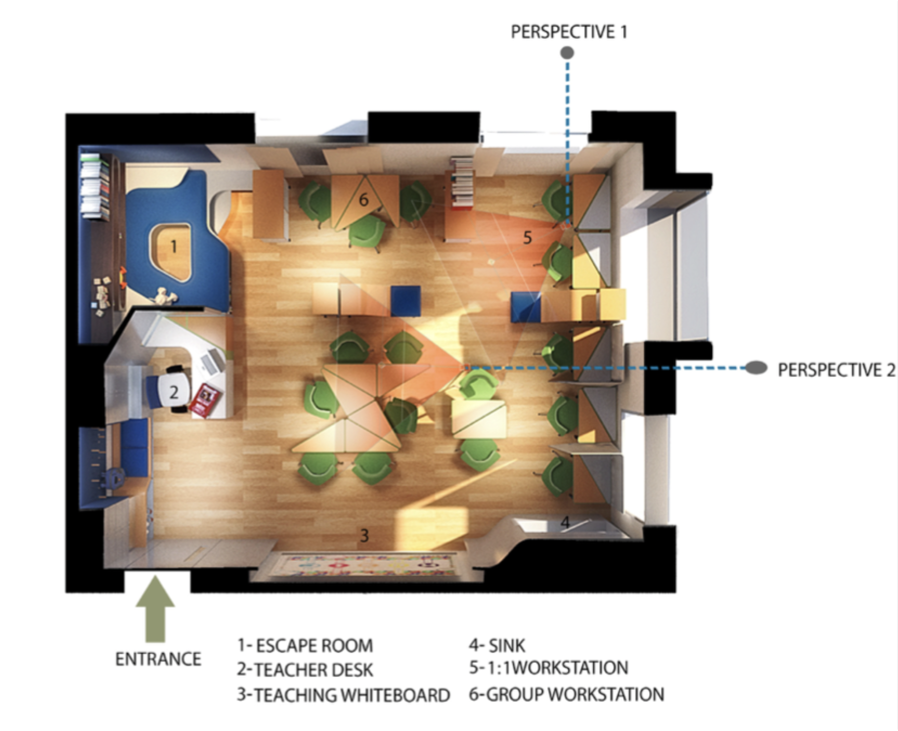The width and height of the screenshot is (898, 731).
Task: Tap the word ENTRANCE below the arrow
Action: pos(158,659)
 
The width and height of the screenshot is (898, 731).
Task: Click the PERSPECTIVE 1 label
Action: pos(569,32)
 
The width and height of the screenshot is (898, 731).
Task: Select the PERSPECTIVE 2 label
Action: pos(836,370)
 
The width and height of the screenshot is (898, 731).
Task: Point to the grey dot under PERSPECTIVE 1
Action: pos(567,53)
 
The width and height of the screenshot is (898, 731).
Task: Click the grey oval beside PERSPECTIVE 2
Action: pos(756,367)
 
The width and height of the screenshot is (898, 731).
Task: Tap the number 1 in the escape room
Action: pos(174,246)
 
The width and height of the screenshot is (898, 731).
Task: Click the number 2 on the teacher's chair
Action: pos(174,392)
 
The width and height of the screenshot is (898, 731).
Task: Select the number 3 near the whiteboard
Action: pos(364,535)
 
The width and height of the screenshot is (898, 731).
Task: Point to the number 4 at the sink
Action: pos(565,522)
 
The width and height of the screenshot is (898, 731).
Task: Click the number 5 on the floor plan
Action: pos(527,238)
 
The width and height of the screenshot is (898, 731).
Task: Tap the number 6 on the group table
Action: pos(364,200)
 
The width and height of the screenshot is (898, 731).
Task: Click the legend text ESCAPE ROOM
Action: pos(314,646)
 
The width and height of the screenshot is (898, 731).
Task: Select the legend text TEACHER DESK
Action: pos(314,670)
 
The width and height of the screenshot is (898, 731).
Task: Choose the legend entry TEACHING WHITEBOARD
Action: pos(352,695)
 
